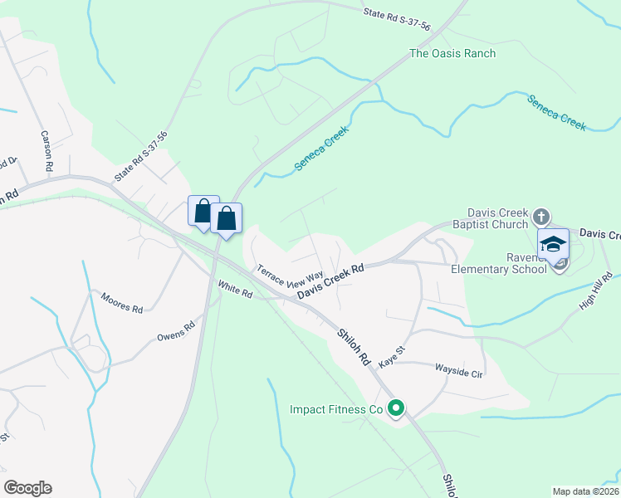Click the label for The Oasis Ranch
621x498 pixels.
(452, 54)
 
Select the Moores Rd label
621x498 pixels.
(121, 302)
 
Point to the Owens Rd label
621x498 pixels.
(175, 331)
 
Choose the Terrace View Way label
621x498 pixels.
(289, 274)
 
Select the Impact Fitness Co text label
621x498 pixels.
(335, 409)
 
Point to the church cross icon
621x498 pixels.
(540, 217)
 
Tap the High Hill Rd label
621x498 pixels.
(596, 292)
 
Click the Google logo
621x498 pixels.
(27, 488)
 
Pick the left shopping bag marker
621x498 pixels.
(203, 211)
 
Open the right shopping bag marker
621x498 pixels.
(226, 219)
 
